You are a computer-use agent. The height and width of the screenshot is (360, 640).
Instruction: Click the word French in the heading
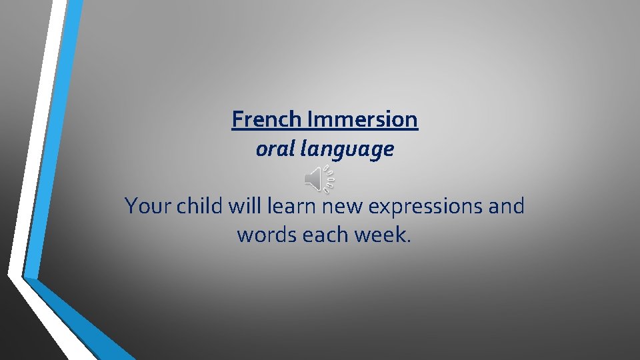coord(268,120)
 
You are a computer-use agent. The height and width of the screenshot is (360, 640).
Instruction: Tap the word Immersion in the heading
coord(363,120)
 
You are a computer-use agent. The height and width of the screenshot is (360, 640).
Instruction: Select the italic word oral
coord(275,149)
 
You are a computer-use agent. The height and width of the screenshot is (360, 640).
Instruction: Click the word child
coord(200,207)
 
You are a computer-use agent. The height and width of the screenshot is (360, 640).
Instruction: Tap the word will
coord(245,207)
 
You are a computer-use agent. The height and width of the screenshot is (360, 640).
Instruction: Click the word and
coord(507,207)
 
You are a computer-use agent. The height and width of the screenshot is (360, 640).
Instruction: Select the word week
coord(381,235)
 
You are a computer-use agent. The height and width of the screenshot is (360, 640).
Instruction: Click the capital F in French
coord(237,120)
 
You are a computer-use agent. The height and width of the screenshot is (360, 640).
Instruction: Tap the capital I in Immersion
coord(311,120)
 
